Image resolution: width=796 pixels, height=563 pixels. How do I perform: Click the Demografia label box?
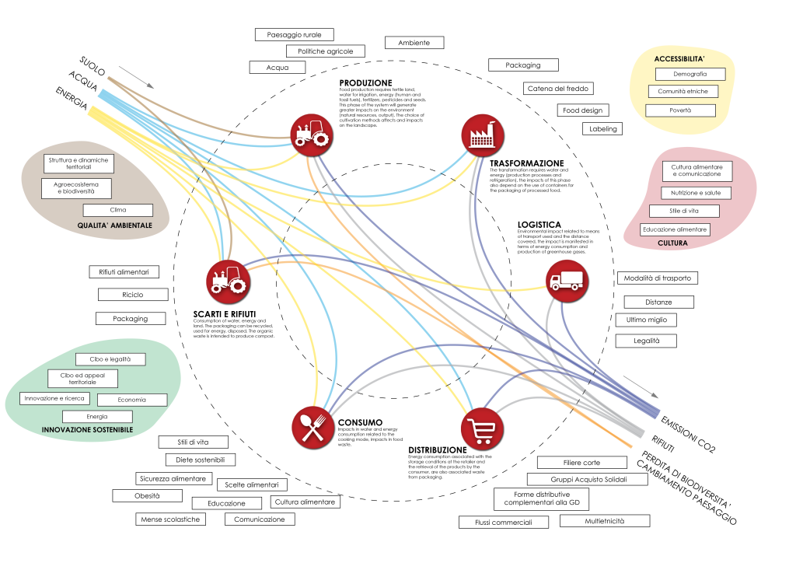pos(690,74)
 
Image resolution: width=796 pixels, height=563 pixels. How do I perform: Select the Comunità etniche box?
pos(683,92)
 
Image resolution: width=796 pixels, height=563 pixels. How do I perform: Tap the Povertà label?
pos(680,110)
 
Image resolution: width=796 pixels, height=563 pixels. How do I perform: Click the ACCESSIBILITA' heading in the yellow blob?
pos(679,59)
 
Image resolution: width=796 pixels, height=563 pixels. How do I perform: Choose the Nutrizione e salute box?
pos(696,193)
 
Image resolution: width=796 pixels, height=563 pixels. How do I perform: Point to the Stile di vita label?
pos(684,212)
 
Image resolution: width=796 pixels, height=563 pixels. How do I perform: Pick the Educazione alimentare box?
pos(675,230)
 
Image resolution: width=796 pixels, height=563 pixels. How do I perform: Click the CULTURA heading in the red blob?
pos(672,243)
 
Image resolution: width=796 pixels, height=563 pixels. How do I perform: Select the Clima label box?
pos(118,210)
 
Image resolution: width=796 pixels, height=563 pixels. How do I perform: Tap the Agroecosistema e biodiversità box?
pos(76,188)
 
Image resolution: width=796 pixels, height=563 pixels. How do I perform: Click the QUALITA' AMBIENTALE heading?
pos(115,226)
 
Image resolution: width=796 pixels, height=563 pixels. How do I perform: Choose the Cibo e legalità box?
pos(110,359)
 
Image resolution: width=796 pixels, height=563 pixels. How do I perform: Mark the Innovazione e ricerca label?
pos(54,399)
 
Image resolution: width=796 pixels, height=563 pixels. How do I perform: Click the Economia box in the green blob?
pos(132,400)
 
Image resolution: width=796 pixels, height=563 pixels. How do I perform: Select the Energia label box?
pos(97,417)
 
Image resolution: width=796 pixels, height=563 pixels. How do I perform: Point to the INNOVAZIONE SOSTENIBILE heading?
pos(87,430)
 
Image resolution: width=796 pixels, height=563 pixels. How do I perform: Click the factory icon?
pos(482,135)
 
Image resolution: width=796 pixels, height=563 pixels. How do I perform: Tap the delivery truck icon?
pos(566,280)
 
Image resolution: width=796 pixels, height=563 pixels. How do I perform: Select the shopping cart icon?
pos(481,428)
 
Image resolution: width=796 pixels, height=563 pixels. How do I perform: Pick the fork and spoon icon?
pos(312,427)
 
